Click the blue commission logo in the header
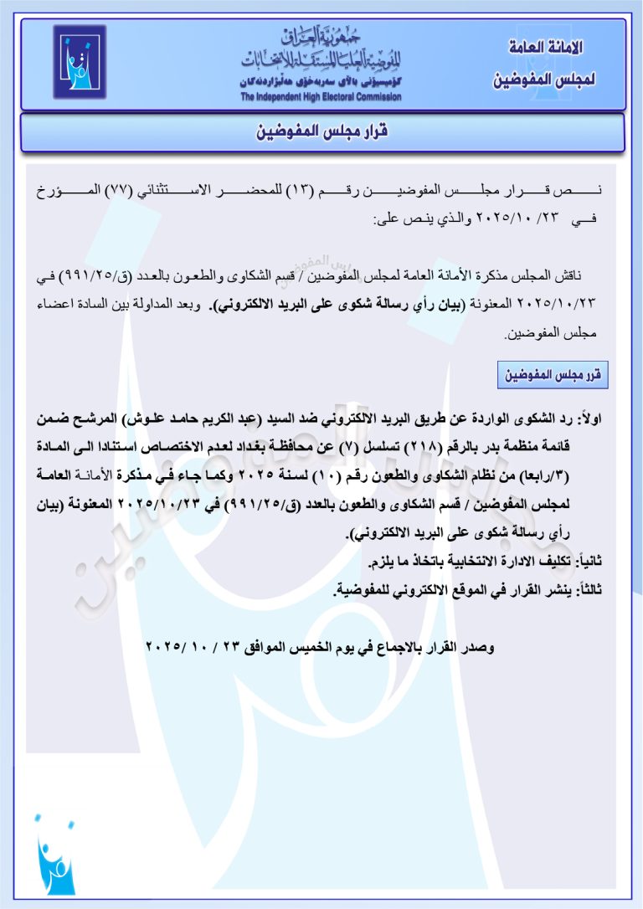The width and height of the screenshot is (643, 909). click(x=80, y=62)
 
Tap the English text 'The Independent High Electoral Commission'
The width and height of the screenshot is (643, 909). click(x=321, y=97)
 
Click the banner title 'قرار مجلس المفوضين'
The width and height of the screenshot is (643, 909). click(x=322, y=133)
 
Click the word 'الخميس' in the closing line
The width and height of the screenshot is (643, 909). click(x=308, y=647)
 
